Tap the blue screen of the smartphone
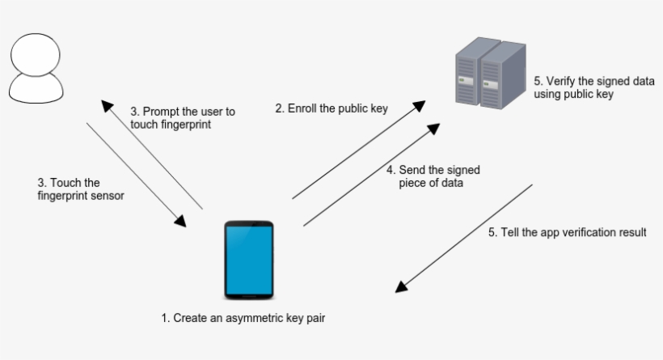point(248,259)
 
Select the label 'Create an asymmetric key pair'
point(243,318)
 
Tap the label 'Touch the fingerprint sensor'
point(81,188)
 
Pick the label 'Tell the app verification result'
point(567,232)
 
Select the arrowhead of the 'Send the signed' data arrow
point(434,129)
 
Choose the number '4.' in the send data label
point(391,170)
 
